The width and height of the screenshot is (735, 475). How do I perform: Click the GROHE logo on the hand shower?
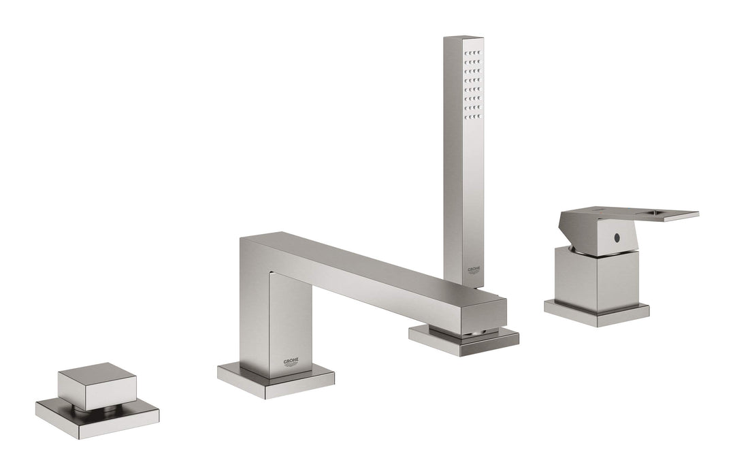pos(474,270)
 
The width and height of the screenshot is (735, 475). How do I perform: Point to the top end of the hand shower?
pos(463,39)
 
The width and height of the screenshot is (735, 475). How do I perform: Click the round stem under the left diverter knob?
pos(97,410)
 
